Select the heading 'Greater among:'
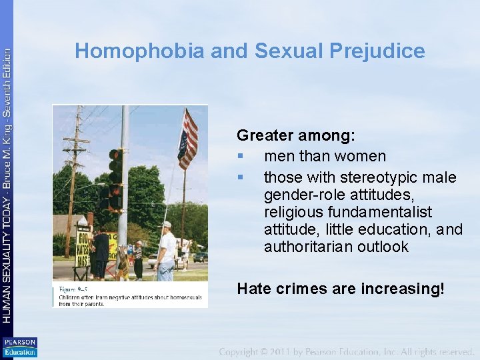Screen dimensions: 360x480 tap(296, 135)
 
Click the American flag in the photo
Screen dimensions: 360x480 tap(188, 139)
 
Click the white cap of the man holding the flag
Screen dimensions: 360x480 tap(166, 225)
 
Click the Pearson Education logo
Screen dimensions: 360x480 tap(19, 347)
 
